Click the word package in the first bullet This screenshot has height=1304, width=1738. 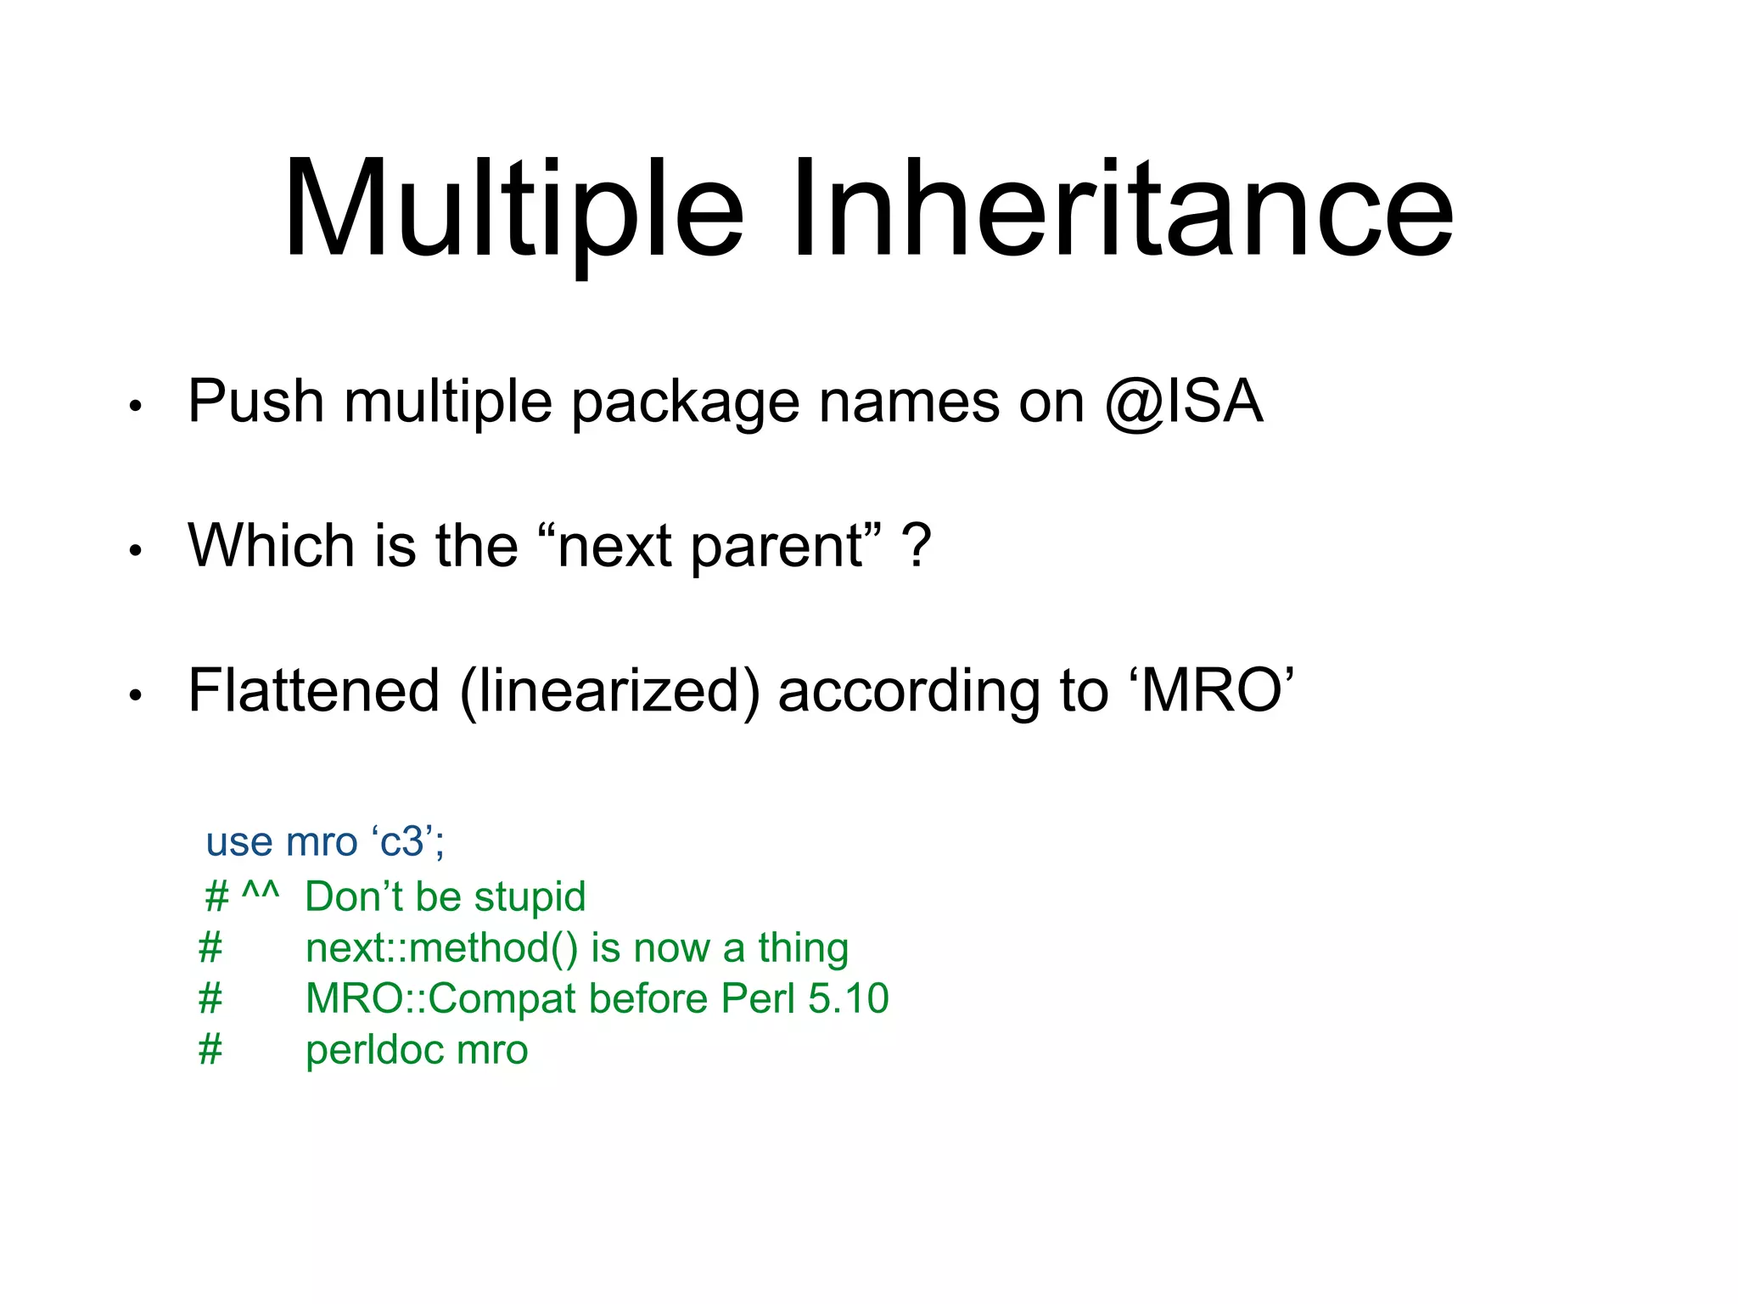685,404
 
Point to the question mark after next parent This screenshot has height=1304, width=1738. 917,546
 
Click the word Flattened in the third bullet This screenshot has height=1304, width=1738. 313,689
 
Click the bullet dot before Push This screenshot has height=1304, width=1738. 135,407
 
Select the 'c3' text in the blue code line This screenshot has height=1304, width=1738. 403,842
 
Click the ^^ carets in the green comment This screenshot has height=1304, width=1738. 260,891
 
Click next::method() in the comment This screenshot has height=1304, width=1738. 441,948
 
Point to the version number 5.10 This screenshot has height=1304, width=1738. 848,998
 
